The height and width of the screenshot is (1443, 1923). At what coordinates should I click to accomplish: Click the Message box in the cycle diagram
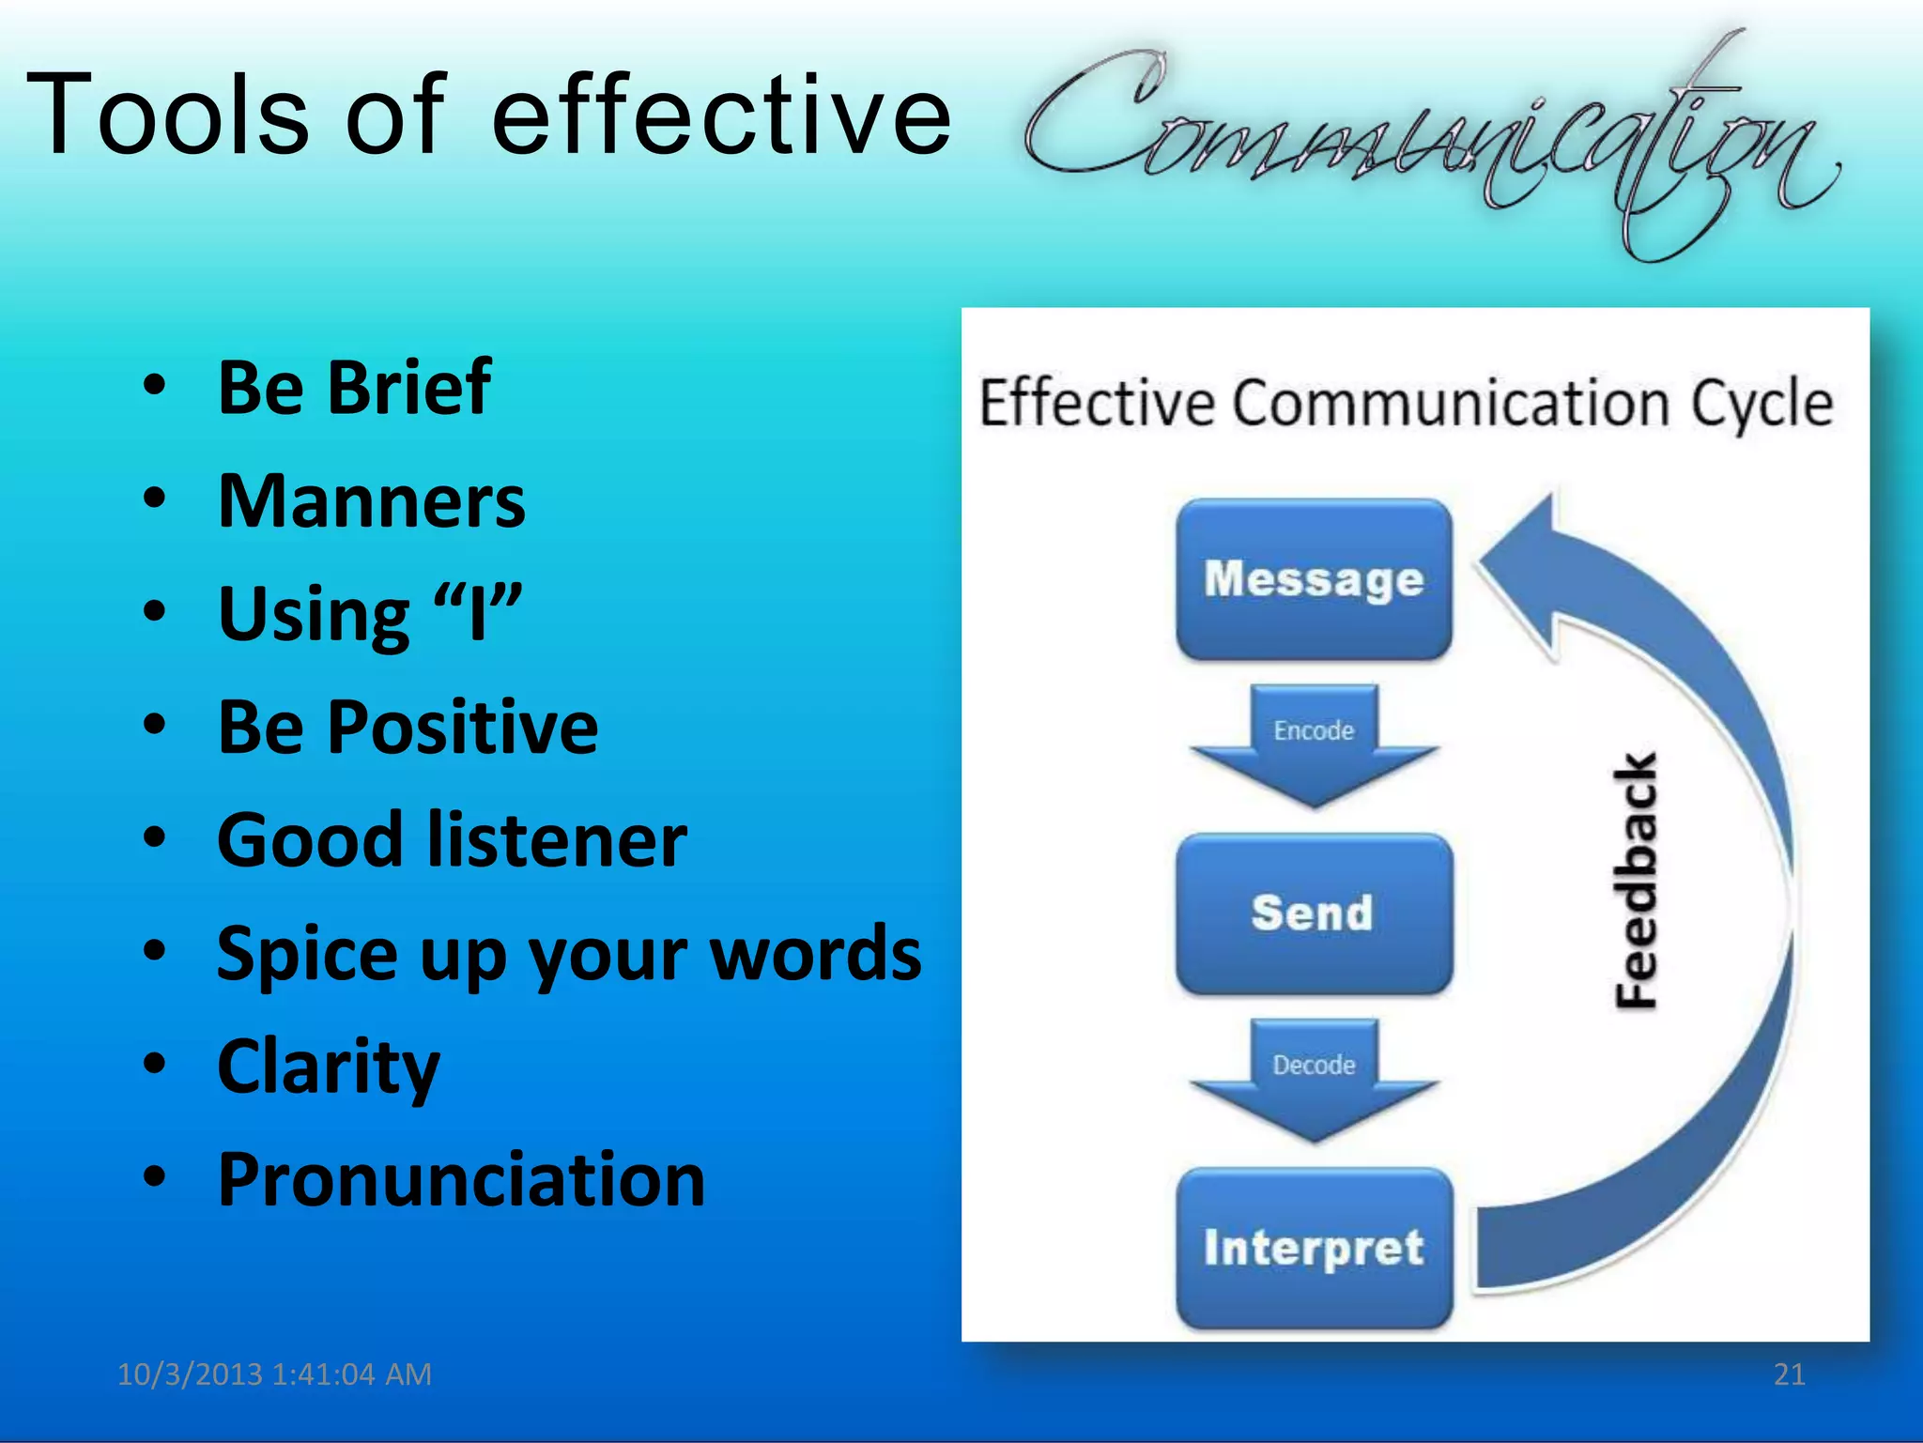coord(1314,579)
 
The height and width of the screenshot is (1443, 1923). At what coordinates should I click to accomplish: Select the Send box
coord(1314,913)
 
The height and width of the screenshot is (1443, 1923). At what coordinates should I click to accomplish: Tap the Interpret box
coord(1314,1248)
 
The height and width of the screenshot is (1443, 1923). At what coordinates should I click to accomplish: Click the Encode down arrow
coord(1314,746)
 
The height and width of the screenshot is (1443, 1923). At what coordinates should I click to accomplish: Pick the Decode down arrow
coord(1314,1080)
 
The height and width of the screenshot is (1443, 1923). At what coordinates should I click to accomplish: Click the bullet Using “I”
coord(369,614)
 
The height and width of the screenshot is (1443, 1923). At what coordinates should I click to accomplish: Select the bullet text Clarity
coord(329,1067)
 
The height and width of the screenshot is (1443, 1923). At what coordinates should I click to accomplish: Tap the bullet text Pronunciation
coord(461,1179)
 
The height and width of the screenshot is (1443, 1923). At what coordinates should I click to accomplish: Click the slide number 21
coord(1789,1374)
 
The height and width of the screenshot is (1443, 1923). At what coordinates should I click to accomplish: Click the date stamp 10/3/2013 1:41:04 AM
coord(274,1374)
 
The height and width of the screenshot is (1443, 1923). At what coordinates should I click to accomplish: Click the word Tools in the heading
coord(167,115)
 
